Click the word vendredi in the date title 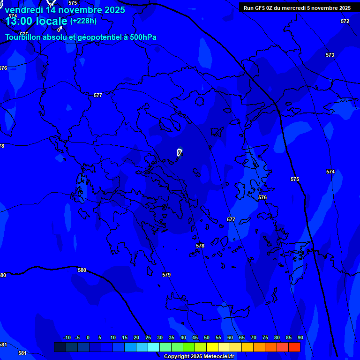24,10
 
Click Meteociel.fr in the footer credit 218,357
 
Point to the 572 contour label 345,21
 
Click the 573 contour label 330,55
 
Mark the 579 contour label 166,275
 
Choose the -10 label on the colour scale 67,337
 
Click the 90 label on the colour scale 300,337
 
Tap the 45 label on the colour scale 195,337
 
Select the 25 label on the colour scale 148,337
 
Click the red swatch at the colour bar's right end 294,347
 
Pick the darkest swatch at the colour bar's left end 60,347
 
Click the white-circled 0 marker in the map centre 179,152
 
